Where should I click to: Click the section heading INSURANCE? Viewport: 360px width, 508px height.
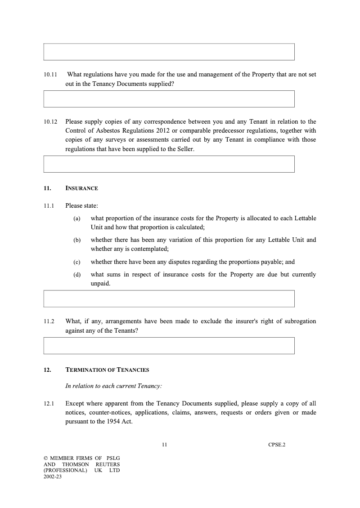[81, 188]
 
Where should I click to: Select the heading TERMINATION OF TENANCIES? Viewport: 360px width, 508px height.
[107, 370]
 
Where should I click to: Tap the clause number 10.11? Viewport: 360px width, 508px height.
[51, 75]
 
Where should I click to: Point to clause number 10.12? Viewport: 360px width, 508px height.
[51, 122]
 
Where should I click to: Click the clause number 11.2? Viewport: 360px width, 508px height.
[49, 321]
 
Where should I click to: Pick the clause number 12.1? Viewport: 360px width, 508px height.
[49, 404]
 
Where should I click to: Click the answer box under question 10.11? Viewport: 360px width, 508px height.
[169, 99]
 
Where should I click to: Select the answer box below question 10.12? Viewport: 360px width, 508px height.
[169, 164]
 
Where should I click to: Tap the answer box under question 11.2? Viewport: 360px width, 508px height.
[169, 346]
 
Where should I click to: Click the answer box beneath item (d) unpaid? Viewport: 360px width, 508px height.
[169, 299]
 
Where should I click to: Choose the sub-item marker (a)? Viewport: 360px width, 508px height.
[77, 218]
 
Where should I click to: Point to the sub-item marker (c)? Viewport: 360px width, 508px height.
[77, 262]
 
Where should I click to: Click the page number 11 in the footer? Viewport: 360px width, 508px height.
[164, 445]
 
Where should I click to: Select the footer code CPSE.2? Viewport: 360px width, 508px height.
[277, 445]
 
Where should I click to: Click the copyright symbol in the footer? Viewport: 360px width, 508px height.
[46, 458]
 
